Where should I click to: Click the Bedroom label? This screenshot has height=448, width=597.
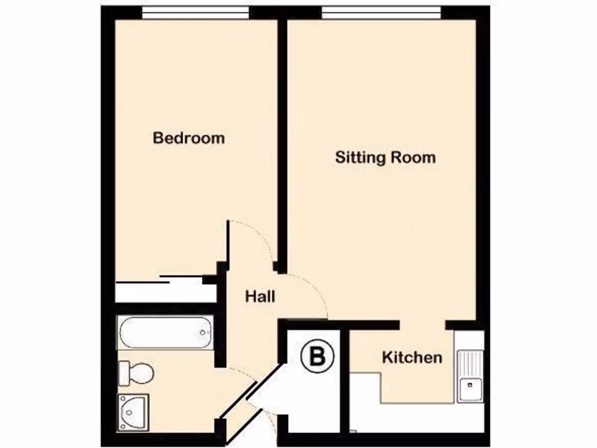(x=188, y=138)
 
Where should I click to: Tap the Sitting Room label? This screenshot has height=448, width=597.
(x=385, y=157)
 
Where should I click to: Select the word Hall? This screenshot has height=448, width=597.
(x=259, y=296)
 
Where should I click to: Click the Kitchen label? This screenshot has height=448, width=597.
(x=412, y=357)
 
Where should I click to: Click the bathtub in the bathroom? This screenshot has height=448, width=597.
(x=164, y=333)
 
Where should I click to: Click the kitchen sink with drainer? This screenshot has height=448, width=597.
(x=469, y=376)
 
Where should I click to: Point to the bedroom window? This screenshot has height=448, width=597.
(x=195, y=12)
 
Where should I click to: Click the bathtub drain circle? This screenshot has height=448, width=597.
(x=203, y=333)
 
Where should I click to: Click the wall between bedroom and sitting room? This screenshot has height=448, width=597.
(x=282, y=146)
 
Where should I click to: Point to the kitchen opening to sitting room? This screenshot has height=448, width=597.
(x=423, y=324)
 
